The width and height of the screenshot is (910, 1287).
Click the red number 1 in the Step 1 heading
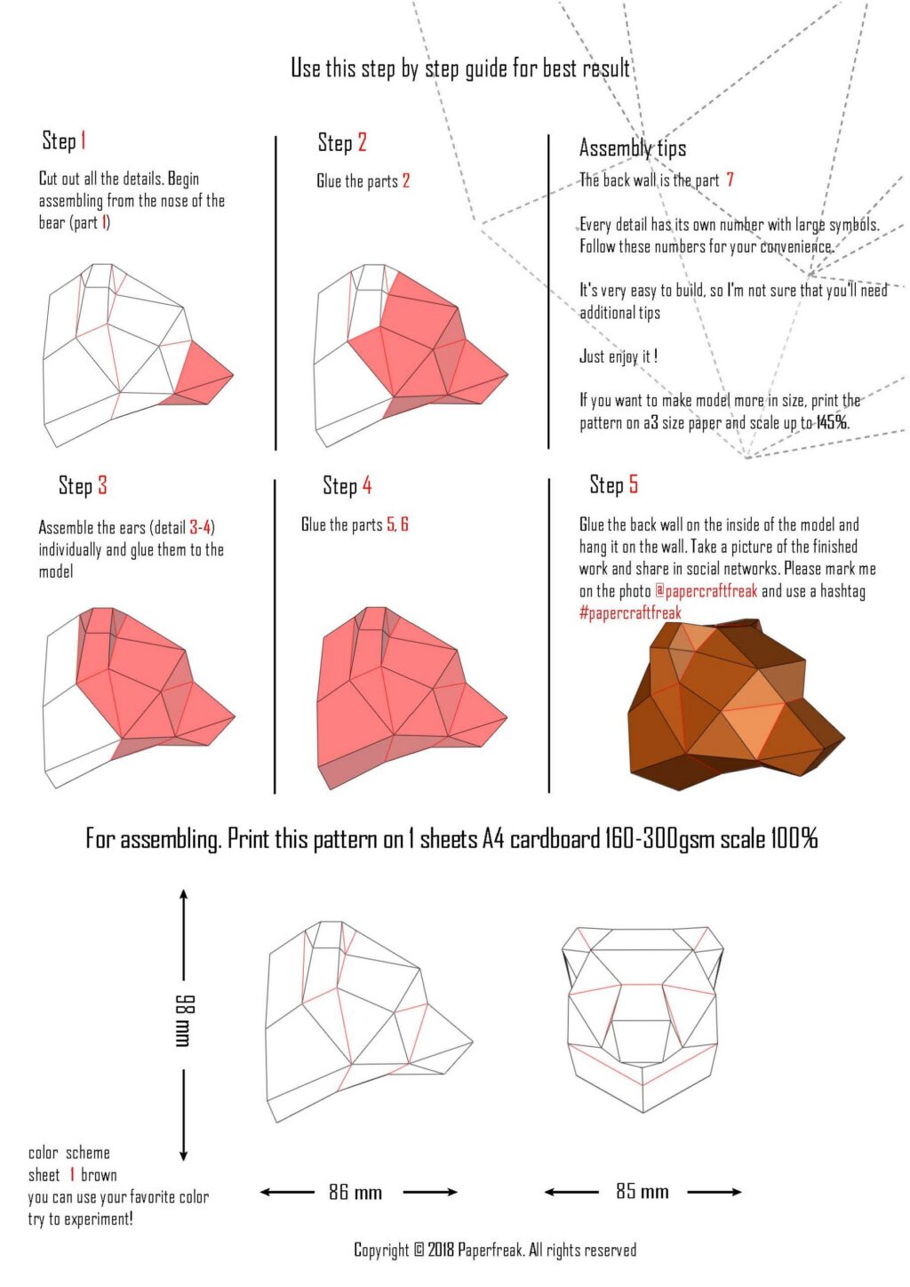(x=83, y=140)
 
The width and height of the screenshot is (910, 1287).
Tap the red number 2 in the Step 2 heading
(x=362, y=142)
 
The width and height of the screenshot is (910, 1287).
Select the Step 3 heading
(x=83, y=485)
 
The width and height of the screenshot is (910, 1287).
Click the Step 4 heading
(x=347, y=485)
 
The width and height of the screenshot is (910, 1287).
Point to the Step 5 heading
(x=613, y=484)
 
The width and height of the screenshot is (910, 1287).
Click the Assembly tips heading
(x=632, y=148)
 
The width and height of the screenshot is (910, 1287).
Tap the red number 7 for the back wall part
(x=730, y=180)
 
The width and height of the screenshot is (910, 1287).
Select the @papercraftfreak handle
(x=706, y=591)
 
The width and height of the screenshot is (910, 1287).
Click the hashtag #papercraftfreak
(x=630, y=613)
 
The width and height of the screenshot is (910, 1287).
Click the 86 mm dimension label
(x=355, y=1192)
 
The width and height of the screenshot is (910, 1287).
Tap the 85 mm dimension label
(x=642, y=1191)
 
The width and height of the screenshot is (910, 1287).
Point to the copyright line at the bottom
(x=495, y=1251)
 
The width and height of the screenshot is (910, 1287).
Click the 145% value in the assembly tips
(x=832, y=422)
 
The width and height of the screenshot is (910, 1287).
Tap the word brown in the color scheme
(x=99, y=1175)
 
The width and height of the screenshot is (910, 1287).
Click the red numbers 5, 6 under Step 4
(x=397, y=524)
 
